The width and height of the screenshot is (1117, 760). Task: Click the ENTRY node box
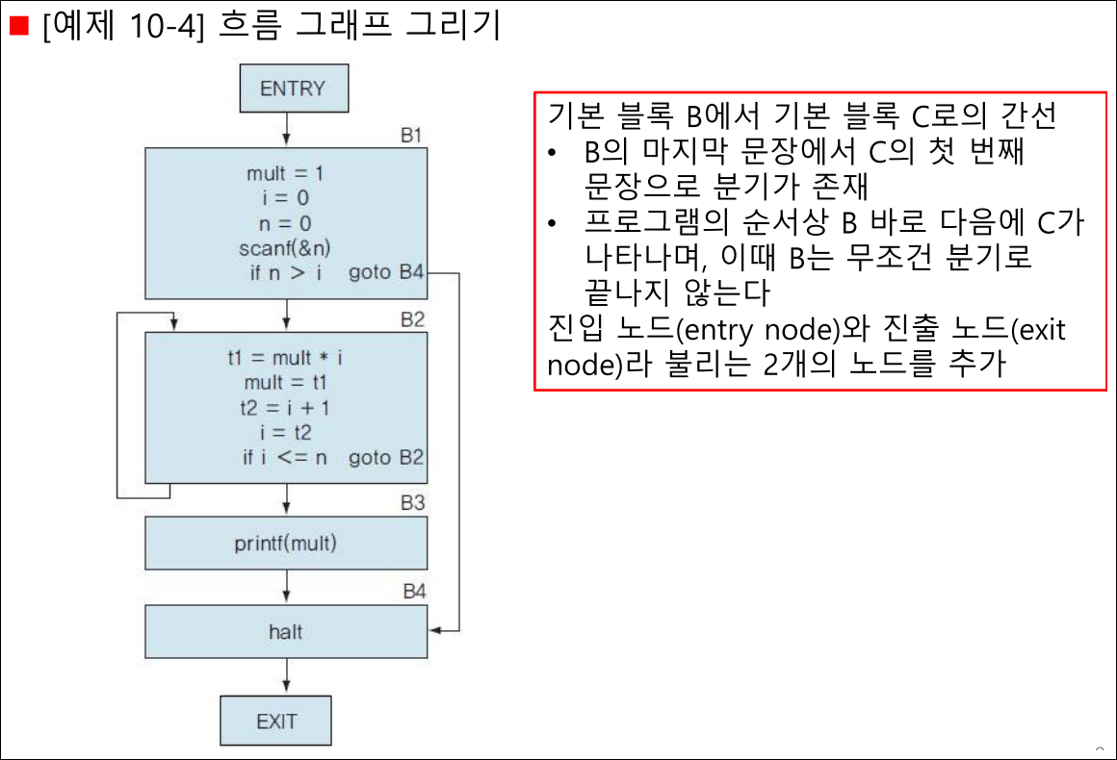click(295, 89)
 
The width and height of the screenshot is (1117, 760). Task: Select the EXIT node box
click(275, 721)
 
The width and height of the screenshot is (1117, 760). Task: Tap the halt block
click(286, 631)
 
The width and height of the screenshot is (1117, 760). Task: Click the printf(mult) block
click(286, 543)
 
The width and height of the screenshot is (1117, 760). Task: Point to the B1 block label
click(411, 136)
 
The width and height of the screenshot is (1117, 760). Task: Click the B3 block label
click(412, 502)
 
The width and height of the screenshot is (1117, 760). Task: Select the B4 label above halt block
click(414, 592)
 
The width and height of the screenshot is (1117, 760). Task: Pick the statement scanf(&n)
click(285, 247)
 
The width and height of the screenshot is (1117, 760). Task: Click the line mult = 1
click(285, 173)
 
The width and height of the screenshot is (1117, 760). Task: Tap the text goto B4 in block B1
click(386, 272)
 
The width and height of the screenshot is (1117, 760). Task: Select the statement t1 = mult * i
click(285, 357)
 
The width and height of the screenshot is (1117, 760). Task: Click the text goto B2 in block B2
click(386, 457)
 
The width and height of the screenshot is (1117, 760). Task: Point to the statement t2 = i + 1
click(285, 408)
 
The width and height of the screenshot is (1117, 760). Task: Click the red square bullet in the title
click(18, 26)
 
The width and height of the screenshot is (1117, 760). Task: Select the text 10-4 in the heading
click(163, 26)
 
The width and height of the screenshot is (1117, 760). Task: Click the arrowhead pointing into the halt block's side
click(436, 630)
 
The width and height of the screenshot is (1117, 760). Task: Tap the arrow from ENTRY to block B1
click(286, 130)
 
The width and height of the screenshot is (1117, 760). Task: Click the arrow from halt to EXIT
click(286, 676)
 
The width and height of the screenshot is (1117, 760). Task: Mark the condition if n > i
click(285, 272)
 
